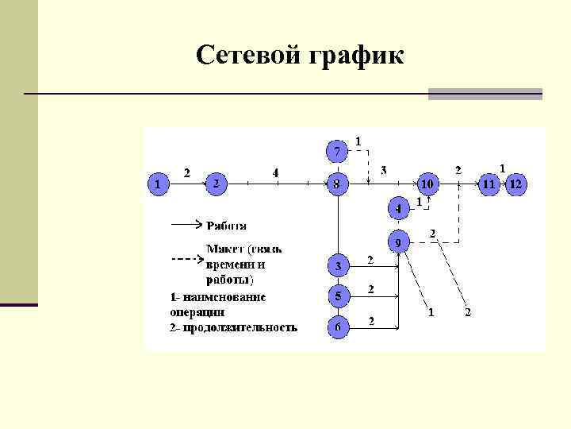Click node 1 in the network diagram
click(x=159, y=184)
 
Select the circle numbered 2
click(x=216, y=184)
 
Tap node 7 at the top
click(x=337, y=150)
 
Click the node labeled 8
click(x=337, y=184)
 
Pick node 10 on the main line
click(x=427, y=184)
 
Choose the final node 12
click(x=516, y=184)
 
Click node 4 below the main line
click(x=399, y=208)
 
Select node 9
click(x=398, y=241)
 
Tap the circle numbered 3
click(x=338, y=265)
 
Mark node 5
click(x=338, y=296)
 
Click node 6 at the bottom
click(x=338, y=326)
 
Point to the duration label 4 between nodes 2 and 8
click(x=275, y=172)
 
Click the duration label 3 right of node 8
click(x=384, y=170)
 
